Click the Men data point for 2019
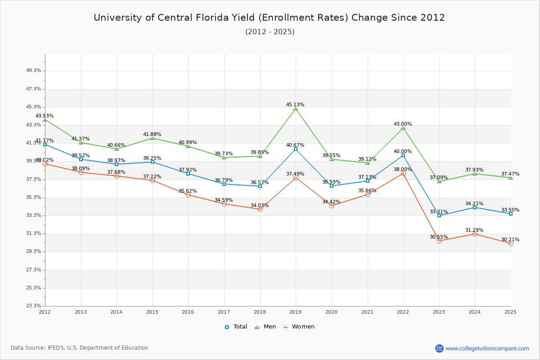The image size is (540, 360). pos(296,108)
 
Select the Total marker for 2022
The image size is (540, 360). pos(403,155)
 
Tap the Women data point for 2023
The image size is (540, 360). pos(439,241)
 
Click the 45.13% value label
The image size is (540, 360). pos(295,104)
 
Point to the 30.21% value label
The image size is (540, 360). pos(510,239)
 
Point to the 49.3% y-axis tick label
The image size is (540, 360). pos(34,71)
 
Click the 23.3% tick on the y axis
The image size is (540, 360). pos(34,306)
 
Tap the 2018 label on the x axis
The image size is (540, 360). pos(260,312)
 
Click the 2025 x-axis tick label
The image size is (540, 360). pos(510,312)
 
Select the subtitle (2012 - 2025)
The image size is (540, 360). pos(270,31)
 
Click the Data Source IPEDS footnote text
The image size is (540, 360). pos(80,348)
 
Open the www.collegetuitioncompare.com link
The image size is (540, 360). pos(487,348)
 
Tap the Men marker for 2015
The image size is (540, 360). pos(153,138)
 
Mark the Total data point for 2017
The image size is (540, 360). pos(224,184)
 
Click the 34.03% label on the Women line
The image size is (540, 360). pos(260,205)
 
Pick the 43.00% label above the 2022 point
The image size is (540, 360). pos(403,124)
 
